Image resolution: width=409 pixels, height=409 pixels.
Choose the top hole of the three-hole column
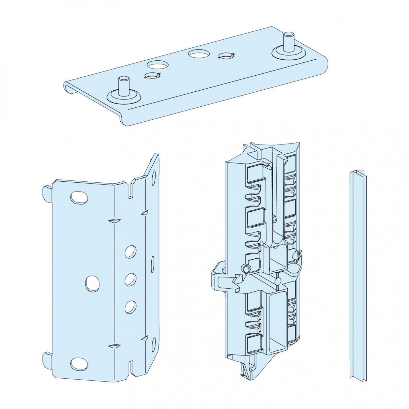coord(130,252)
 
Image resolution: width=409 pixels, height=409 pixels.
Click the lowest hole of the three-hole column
coord(130,307)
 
